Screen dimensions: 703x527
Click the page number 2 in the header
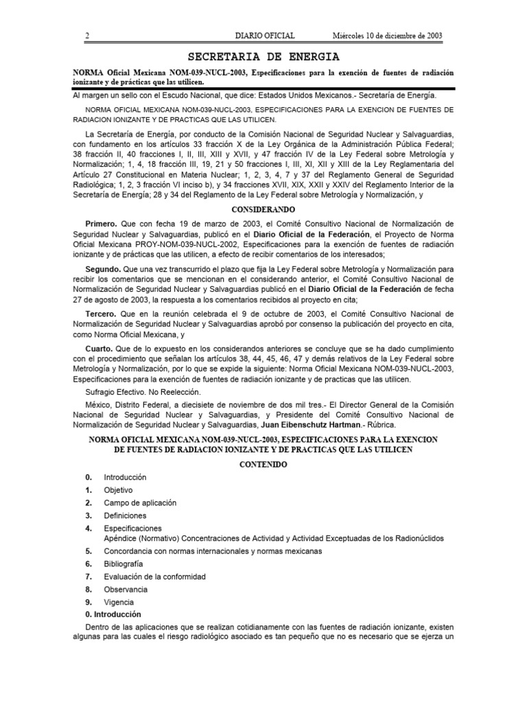87,35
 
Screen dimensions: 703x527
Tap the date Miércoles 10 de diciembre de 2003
386,35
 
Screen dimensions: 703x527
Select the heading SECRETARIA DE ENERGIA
263,56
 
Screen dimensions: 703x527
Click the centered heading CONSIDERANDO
263,209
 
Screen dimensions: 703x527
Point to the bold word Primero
101,224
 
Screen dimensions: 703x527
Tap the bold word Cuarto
99,349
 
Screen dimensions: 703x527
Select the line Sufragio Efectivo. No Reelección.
142,391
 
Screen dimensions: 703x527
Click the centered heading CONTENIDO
263,465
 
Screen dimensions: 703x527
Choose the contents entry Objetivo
118,490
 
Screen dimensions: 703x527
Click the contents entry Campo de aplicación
140,503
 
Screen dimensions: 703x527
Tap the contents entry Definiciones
125,515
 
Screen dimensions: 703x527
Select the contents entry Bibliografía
124,564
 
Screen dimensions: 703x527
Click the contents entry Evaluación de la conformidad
154,577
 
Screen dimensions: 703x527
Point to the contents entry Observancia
126,589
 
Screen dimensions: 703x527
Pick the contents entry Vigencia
119,601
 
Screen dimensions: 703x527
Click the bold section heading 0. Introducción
113,614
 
